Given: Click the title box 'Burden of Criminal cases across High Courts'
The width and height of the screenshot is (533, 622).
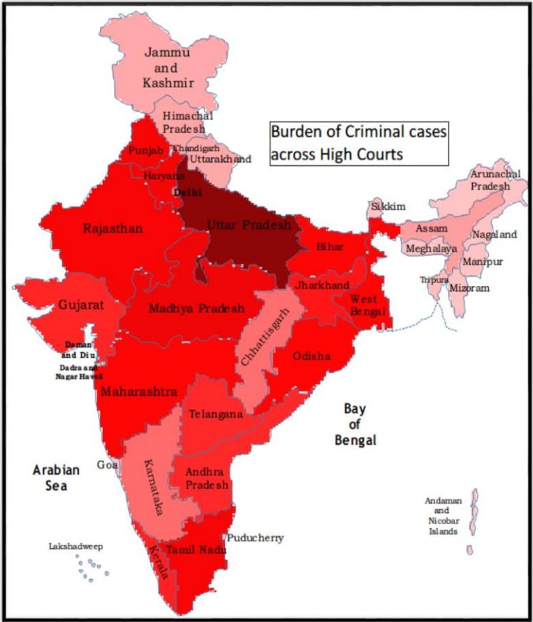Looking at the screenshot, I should pos(359,143).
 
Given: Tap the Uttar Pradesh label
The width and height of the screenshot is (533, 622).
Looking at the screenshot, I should pos(249,225).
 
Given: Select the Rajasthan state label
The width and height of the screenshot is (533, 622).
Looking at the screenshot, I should pos(113,229).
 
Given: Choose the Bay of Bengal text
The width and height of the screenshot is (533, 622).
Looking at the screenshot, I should pos(355,424).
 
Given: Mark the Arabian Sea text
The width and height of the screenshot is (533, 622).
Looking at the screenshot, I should pos(56,477).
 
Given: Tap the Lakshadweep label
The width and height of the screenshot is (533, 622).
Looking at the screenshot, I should pos(76,546).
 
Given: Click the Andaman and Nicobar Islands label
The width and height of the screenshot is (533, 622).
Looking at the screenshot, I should pos(442,516).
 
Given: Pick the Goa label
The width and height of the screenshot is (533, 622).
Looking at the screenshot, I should pos(108,465).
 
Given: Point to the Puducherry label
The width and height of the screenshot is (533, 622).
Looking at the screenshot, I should pos(255,538).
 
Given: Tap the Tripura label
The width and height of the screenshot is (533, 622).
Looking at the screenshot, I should pos(434,280).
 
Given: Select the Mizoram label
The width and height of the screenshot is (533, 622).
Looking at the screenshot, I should pos(469,288).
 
